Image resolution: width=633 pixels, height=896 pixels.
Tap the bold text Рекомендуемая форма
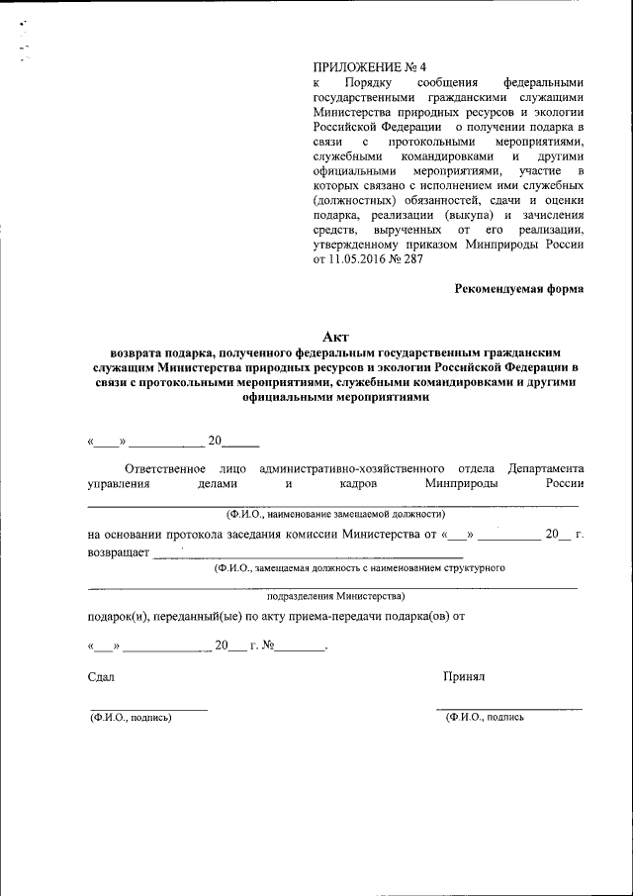519,289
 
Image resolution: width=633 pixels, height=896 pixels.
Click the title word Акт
336,337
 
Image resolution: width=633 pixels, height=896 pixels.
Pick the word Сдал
101,676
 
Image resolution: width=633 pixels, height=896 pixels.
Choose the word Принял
464,676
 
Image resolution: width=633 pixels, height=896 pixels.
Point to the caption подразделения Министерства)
335,596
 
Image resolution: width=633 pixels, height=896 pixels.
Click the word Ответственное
165,467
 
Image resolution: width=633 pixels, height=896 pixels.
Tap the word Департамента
546,467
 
